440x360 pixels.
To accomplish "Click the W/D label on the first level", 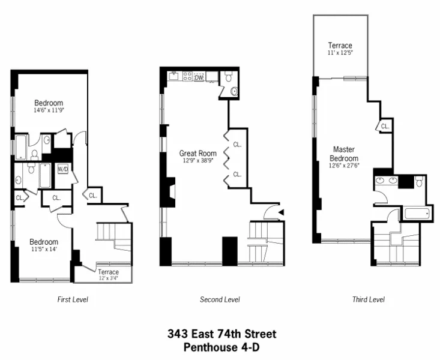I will pos(63,169).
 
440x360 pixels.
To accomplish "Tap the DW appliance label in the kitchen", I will pos(199,77).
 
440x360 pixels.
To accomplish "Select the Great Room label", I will pos(197,153).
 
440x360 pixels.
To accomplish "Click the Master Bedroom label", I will pos(344,154).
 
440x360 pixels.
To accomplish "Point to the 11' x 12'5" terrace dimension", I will pos(340,53).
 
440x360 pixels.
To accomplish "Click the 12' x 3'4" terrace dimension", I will pos(108,278).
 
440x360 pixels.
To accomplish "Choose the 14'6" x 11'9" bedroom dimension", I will pos(48,110).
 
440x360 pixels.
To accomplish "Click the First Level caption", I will pos(73,299).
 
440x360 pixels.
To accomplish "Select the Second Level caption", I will pos(220,299).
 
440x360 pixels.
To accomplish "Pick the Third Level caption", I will pos(368,299).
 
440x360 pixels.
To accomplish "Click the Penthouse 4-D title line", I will pos(222,347).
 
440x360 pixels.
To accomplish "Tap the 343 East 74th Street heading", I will pos(222,334).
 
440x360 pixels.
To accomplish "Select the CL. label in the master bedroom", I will pos(385,127).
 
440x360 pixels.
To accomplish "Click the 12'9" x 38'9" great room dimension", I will pos(197,161).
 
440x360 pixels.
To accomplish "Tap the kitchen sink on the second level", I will pos(173,76).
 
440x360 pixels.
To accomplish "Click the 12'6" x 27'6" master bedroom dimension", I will pos(344,166).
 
